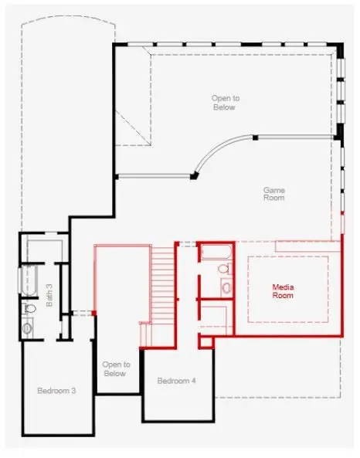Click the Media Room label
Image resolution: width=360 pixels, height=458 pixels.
(283, 290)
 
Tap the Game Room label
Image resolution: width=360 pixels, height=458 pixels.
(273, 194)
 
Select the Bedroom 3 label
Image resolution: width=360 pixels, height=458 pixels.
(56, 391)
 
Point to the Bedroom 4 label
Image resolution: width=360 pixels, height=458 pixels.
(177, 381)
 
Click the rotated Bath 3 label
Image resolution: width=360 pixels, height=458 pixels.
(49, 294)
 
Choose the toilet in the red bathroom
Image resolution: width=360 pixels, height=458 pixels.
(223, 270)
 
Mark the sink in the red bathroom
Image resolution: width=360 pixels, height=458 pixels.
(226, 287)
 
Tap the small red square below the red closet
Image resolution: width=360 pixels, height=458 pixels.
(205, 341)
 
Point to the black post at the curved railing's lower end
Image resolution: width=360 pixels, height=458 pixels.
(195, 175)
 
